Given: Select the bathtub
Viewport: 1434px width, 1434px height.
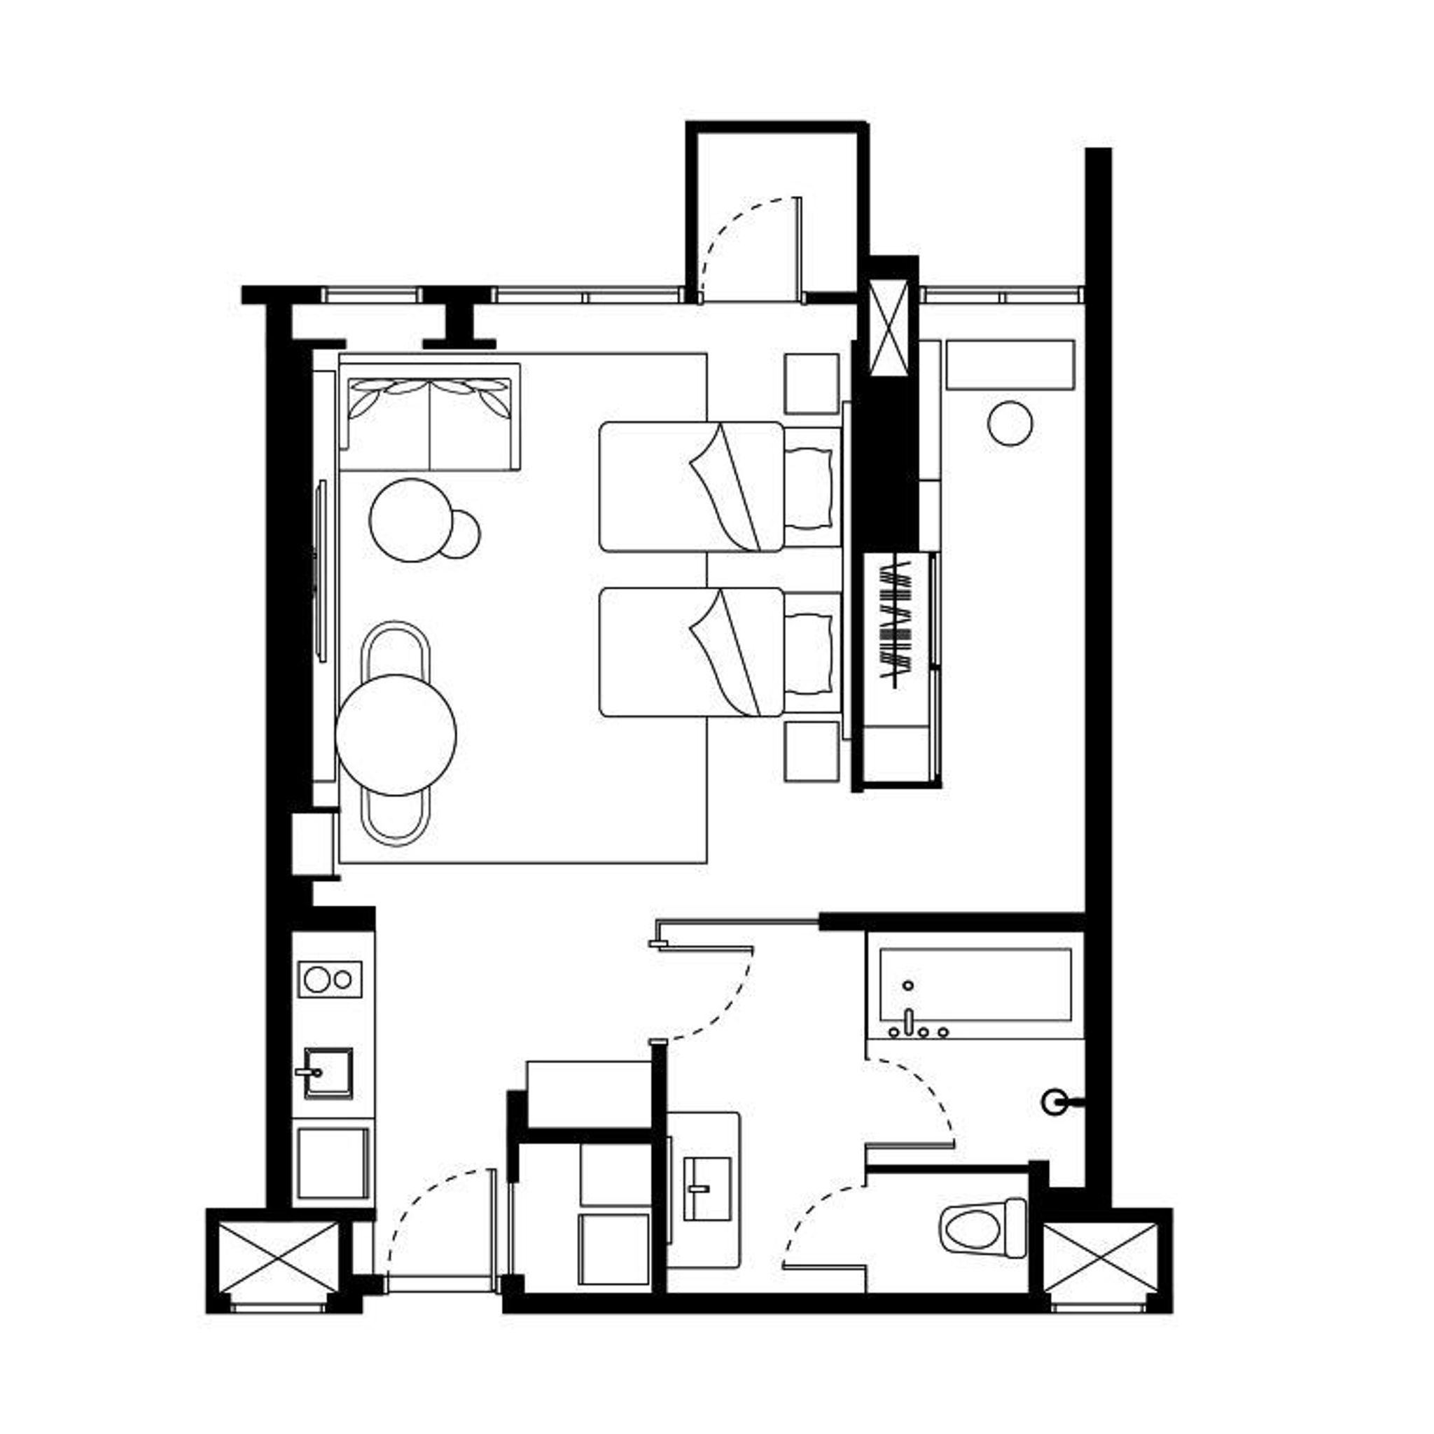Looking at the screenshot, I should tap(975, 984).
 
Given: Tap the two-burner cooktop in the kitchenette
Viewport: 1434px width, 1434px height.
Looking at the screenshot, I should tap(330, 980).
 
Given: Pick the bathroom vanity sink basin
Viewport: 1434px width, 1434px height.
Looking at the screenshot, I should tap(706, 1188).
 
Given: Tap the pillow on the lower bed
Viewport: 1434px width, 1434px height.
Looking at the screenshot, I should tap(809, 653).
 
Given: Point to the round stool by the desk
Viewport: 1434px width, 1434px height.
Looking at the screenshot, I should tap(1010, 423).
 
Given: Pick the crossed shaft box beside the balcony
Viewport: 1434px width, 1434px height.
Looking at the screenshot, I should tap(888, 325).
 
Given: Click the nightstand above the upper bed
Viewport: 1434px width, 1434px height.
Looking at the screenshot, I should tap(812, 383).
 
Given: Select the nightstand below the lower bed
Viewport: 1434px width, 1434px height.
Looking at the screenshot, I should tap(812, 751).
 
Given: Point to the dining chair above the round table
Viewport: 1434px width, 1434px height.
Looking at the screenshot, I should tap(396, 650).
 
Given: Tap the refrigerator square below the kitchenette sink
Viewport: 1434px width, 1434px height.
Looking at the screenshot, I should tap(333, 1164).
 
